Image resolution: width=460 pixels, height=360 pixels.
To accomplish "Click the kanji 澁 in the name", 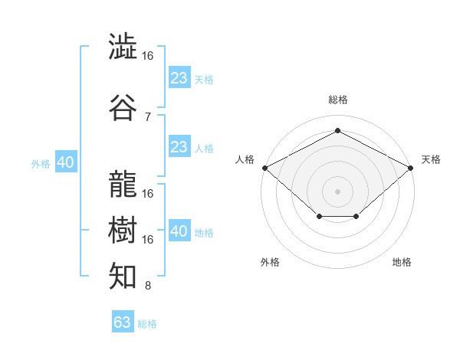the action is click(x=123, y=46).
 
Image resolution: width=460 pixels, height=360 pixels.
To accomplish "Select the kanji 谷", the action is click(x=123, y=107).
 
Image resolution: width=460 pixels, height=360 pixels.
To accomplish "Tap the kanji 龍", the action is click(x=123, y=184).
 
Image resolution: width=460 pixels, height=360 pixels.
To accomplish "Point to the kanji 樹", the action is click(x=123, y=230).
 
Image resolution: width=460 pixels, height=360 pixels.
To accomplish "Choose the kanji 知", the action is click(x=123, y=276).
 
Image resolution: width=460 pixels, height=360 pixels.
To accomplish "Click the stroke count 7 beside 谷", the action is click(x=148, y=117).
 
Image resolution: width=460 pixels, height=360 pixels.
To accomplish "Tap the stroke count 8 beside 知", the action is click(x=148, y=286).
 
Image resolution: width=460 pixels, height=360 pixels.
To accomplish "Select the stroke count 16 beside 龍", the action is click(x=147, y=194).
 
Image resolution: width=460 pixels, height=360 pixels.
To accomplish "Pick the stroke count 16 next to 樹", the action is click(x=147, y=240).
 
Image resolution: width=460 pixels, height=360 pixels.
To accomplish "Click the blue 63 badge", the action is click(x=123, y=321).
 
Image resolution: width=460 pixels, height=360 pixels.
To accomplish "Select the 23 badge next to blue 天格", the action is click(x=180, y=77).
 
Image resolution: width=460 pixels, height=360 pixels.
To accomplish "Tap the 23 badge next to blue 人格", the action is click(x=180, y=146).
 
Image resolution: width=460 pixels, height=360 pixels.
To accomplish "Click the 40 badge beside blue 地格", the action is click(x=180, y=230).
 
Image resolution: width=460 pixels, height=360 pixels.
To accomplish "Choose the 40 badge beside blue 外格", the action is click(x=66, y=162).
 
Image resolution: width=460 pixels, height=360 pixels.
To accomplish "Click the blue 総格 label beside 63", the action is click(x=147, y=324).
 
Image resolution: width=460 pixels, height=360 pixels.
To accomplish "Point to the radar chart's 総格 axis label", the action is click(x=338, y=100).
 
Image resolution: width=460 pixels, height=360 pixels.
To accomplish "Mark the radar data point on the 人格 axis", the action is click(x=265, y=168).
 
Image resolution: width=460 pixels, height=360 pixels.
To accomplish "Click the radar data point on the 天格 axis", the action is click(x=411, y=168).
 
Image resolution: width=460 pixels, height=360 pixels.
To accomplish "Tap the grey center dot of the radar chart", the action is click(x=337, y=191).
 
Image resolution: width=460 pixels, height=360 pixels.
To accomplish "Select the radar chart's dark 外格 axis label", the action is click(x=270, y=262).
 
